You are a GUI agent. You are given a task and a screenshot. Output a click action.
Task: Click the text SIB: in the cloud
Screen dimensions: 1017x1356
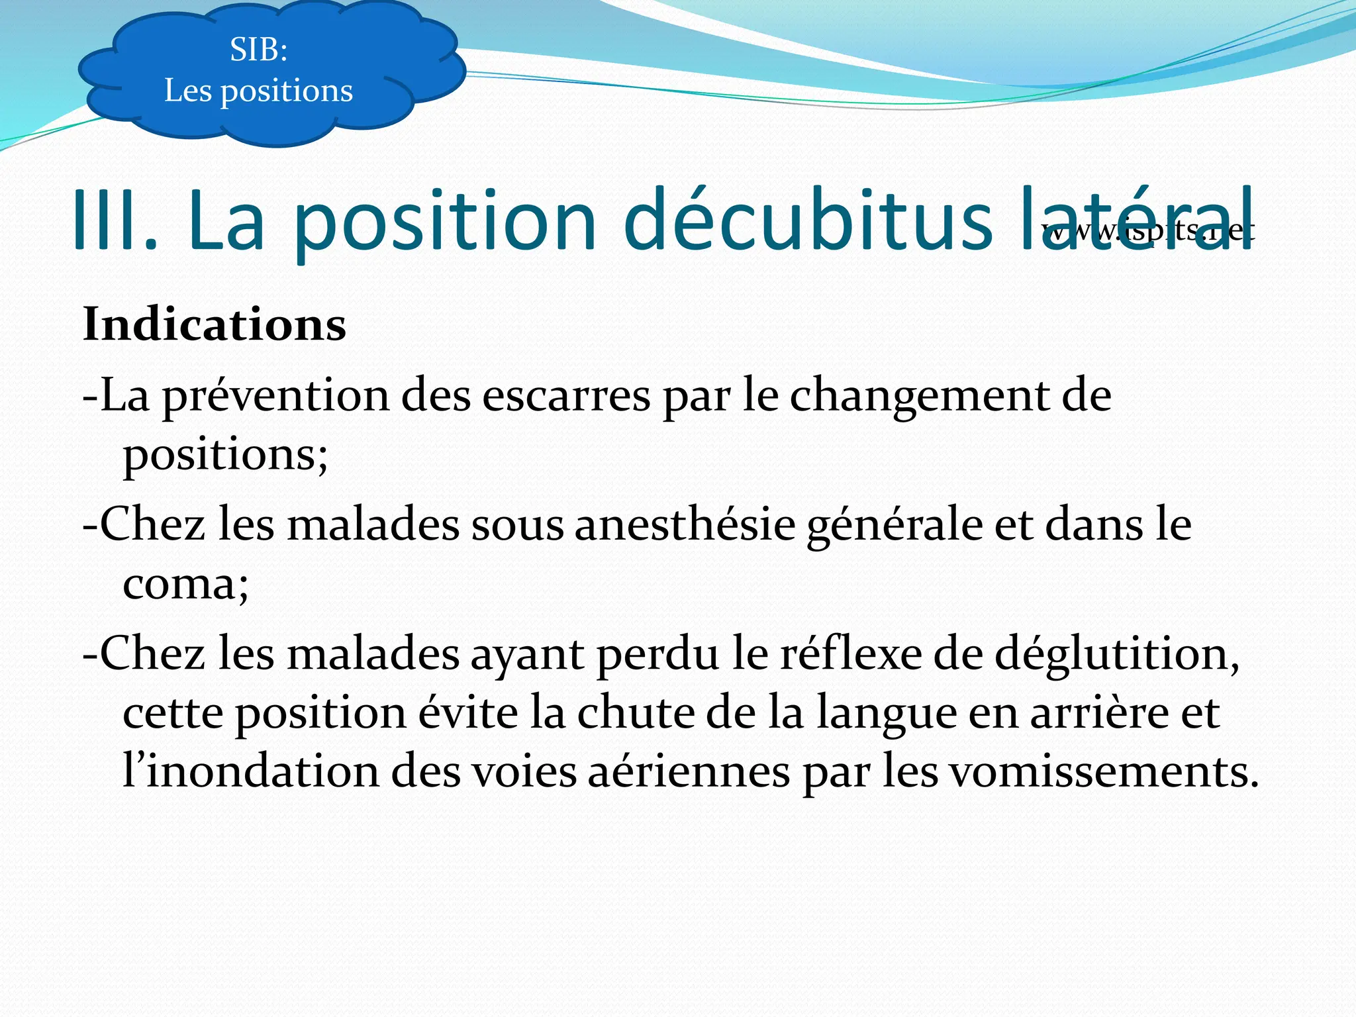[258, 50]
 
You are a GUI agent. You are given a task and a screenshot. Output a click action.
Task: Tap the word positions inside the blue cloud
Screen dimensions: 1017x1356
[286, 91]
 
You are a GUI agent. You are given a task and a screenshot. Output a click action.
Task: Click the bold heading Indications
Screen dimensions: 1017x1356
[215, 324]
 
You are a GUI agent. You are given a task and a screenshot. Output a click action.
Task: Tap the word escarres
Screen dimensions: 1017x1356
[566, 396]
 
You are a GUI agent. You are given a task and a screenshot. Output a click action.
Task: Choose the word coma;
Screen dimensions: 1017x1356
[186, 584]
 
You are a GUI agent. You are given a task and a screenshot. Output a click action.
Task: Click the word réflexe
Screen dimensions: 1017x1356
[851, 654]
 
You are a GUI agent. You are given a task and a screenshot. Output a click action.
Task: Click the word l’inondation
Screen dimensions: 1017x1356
[251, 772]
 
